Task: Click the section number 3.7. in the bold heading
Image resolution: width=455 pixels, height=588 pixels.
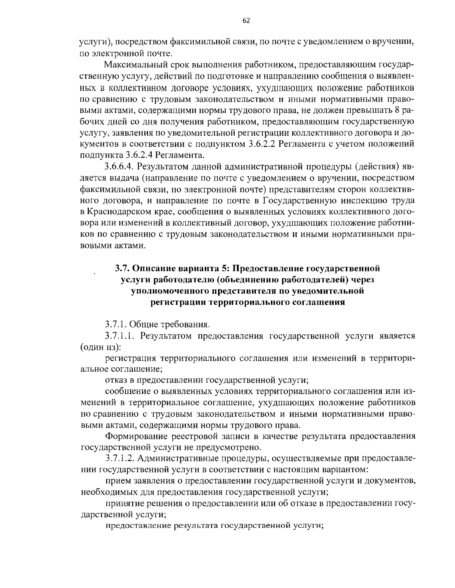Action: click(122, 269)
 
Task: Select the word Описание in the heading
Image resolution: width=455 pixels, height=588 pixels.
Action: click(154, 269)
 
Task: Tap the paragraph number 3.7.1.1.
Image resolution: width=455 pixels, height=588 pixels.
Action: click(121, 336)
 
